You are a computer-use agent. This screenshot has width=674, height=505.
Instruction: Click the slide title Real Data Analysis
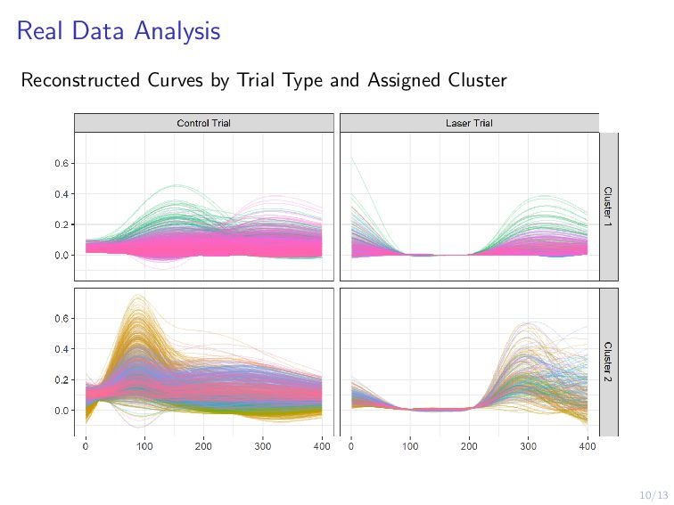pos(118,32)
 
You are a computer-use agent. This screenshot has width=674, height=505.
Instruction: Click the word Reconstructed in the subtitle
pos(78,81)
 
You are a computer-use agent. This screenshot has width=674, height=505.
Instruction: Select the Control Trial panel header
pos(203,123)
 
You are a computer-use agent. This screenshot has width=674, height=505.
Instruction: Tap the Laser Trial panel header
pos(468,123)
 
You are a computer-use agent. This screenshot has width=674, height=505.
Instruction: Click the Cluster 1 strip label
pos(608,206)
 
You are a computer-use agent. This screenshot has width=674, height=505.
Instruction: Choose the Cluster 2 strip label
pos(608,362)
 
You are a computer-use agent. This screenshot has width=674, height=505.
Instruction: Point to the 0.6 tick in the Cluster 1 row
pos(62,164)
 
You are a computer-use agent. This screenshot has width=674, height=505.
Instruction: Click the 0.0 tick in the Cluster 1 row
pos(62,256)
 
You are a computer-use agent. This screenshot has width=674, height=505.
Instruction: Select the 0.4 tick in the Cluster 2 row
pos(62,349)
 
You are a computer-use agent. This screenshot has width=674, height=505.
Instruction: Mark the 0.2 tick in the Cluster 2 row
pos(62,380)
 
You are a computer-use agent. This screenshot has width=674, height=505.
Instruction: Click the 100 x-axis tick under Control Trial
pos(144,446)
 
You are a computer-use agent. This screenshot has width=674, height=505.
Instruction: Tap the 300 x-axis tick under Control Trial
pos(263,446)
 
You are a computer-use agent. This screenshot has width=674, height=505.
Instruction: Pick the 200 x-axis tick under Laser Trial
pos(469,446)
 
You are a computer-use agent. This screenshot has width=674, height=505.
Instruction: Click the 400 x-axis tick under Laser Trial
pos(587,446)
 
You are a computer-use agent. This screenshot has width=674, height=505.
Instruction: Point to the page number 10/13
pos(653,494)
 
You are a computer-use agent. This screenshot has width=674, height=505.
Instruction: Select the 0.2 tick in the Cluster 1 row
pos(62,224)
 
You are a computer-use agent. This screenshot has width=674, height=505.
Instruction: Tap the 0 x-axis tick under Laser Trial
pos(351,446)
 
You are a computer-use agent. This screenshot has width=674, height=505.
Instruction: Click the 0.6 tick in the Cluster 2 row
pos(62,319)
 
